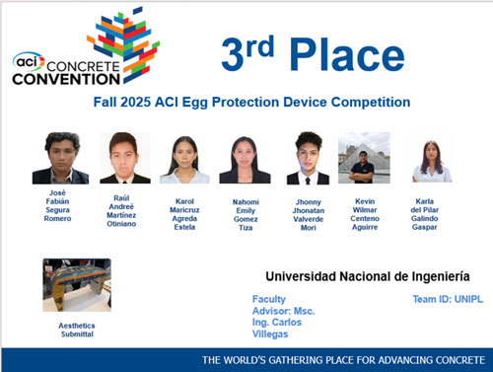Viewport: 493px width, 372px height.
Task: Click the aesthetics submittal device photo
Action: pyautogui.click(x=77, y=285)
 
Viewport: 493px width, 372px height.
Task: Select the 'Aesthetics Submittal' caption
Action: pyautogui.click(x=77, y=330)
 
